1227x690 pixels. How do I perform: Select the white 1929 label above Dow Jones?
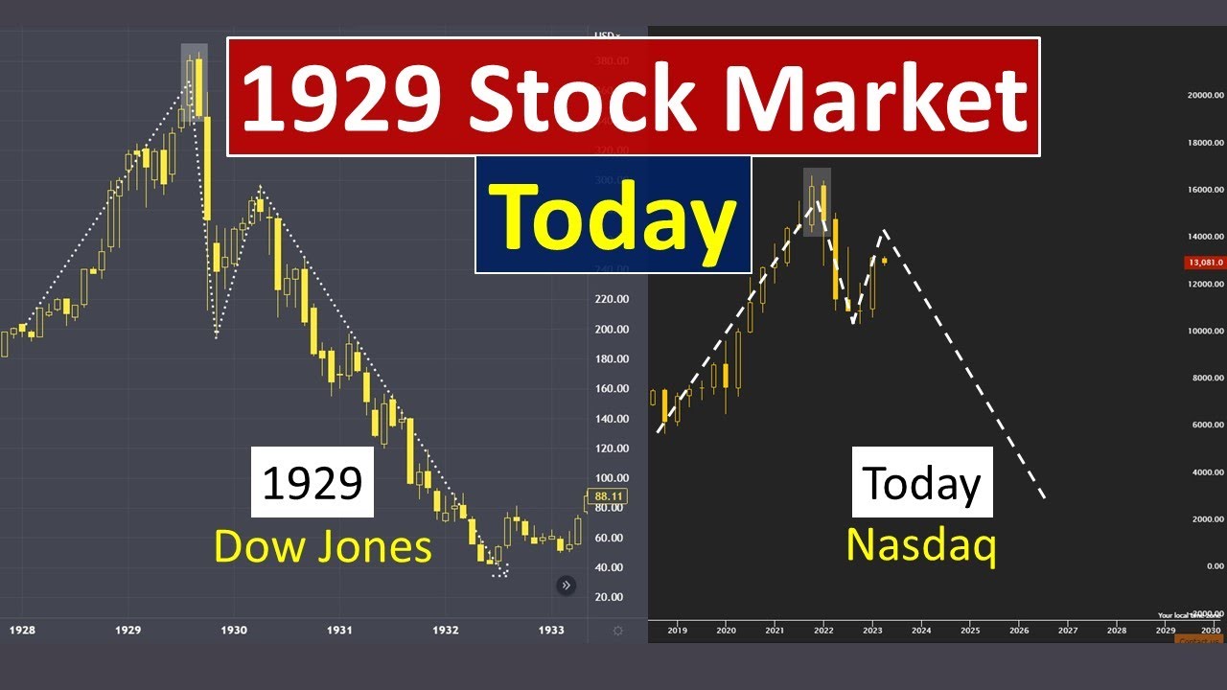click(x=313, y=483)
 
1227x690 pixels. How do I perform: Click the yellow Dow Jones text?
click(x=322, y=546)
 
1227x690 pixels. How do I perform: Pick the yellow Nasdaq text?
click(x=921, y=544)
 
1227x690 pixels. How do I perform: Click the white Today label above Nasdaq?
click(x=921, y=483)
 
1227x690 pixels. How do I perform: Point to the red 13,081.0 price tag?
click(x=1204, y=262)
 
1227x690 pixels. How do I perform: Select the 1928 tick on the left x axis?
click(x=22, y=630)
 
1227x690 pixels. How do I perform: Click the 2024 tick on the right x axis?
click(x=921, y=631)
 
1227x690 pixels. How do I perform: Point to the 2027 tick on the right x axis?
click(x=1068, y=631)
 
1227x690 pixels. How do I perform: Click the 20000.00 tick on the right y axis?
click(x=1205, y=95)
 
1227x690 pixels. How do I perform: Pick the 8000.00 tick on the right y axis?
click(x=1207, y=379)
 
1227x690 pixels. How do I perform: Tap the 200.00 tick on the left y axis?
click(x=611, y=330)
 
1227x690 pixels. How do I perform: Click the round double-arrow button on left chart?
click(x=567, y=585)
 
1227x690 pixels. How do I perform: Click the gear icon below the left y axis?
click(x=617, y=631)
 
